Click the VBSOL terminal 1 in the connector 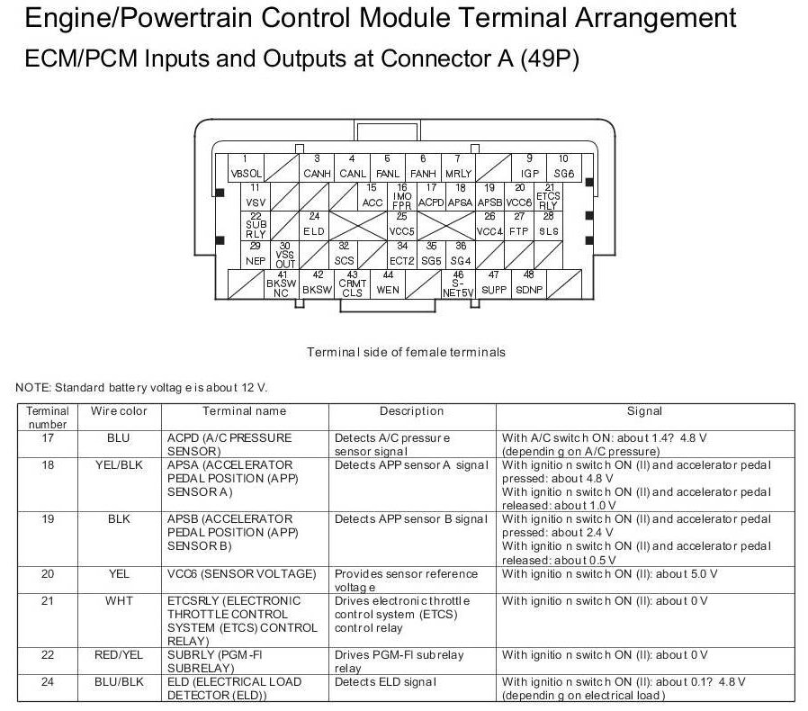point(247,167)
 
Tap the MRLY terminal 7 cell point(458,167)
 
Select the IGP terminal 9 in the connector point(529,167)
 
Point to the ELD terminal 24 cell point(314,225)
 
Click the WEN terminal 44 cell point(388,283)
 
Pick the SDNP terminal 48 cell point(529,283)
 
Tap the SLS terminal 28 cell point(549,225)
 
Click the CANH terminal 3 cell point(317,167)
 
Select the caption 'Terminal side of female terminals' point(406,352)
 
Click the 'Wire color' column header point(118,411)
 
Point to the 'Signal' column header point(644,411)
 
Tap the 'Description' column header point(411,411)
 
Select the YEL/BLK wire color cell point(118,465)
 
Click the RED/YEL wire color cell point(118,654)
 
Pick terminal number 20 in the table point(48,573)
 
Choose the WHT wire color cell point(118,600)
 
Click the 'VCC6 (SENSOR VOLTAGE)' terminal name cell point(242,573)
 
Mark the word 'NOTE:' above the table point(33,388)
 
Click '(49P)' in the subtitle point(550,58)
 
